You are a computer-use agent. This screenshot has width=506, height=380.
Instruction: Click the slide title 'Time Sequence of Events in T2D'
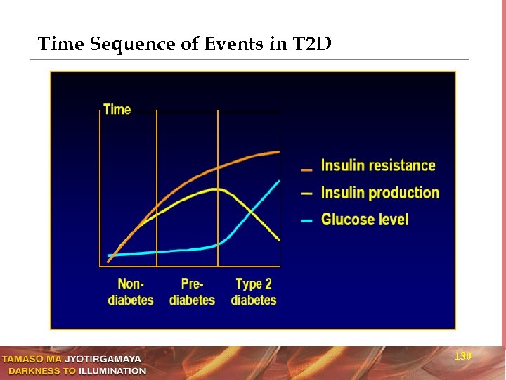[x=184, y=44]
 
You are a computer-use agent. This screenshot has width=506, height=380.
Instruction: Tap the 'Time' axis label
[x=117, y=109]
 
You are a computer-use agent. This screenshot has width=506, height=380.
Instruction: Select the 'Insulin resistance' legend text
[x=378, y=166]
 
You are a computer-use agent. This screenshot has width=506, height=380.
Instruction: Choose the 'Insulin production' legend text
[x=379, y=193]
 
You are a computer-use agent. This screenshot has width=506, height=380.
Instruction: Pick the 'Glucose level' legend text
[x=364, y=220]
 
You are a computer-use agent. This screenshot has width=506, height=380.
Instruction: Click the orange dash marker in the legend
[x=306, y=170]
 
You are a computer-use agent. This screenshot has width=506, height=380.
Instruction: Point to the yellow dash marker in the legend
[x=306, y=194]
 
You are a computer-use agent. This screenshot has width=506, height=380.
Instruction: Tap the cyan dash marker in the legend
[x=306, y=221]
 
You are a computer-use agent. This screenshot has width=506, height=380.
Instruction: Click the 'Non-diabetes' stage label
[x=131, y=292]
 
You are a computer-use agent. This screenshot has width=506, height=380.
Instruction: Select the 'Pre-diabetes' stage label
[x=192, y=292]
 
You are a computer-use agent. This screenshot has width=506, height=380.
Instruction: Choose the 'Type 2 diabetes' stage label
[x=254, y=292]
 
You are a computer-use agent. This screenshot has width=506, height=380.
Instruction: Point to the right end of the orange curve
[x=279, y=151]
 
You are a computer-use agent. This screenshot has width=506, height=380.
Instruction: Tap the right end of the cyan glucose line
[x=279, y=181]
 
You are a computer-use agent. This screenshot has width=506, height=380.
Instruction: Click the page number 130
[x=462, y=357]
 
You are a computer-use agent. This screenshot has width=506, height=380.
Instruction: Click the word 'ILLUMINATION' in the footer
[x=112, y=371]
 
